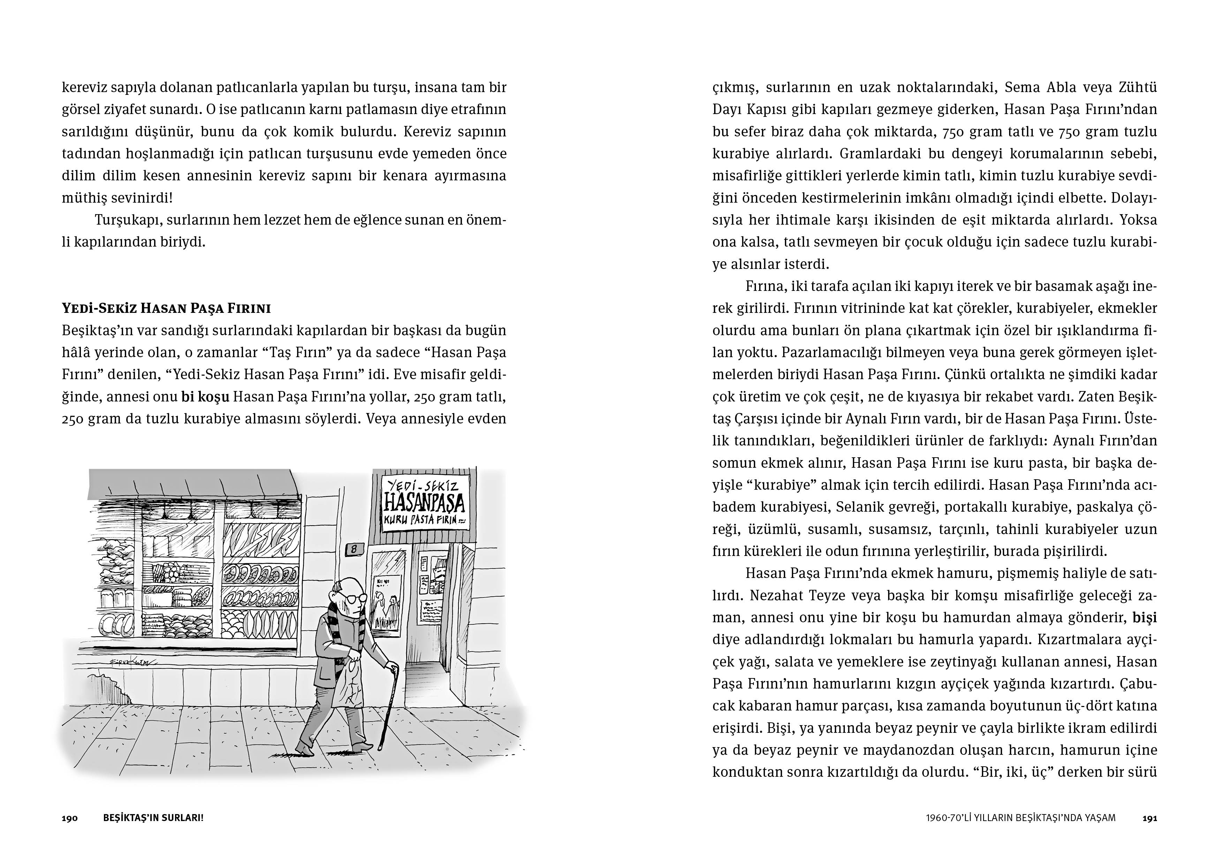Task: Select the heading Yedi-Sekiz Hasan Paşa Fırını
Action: [166, 308]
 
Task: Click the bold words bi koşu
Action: [205, 397]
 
